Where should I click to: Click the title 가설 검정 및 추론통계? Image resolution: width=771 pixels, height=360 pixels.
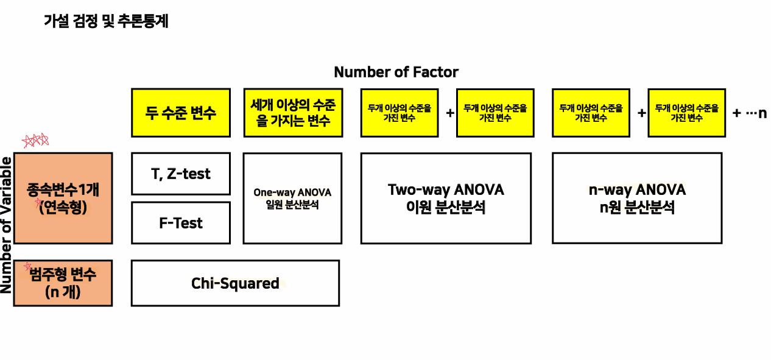pos(106,22)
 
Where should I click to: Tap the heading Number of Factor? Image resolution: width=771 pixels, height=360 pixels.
pos(396,72)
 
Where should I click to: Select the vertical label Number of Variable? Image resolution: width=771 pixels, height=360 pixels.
pos(7,225)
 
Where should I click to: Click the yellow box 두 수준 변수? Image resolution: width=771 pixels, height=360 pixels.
pos(181,113)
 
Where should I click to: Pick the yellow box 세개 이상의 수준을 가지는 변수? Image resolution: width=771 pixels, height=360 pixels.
pos(292,113)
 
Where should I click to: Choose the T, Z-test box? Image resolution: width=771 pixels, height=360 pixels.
pos(181,174)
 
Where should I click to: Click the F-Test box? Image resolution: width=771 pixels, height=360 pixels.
pos(181,223)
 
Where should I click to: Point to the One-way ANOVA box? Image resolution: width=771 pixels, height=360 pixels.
pos(292,198)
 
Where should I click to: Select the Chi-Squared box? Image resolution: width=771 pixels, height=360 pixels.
pos(235,283)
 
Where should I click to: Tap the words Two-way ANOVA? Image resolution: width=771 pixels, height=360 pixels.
pos(446,189)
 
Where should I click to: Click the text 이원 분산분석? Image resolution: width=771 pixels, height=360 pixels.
pos(446,207)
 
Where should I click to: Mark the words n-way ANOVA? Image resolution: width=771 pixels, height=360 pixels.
pos(637,189)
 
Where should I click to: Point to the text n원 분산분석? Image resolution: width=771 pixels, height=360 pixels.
pos(637,207)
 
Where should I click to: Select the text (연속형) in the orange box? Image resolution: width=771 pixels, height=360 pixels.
pos(63,207)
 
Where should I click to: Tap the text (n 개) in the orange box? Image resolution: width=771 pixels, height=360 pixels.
pos(63,292)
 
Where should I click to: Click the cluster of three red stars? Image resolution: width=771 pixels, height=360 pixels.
pos(35,141)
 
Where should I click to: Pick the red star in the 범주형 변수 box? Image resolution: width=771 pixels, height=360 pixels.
pos(27,266)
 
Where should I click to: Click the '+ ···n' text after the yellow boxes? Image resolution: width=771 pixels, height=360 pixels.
pos(749,113)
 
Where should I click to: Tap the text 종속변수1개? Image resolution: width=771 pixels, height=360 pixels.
pos(63,189)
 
